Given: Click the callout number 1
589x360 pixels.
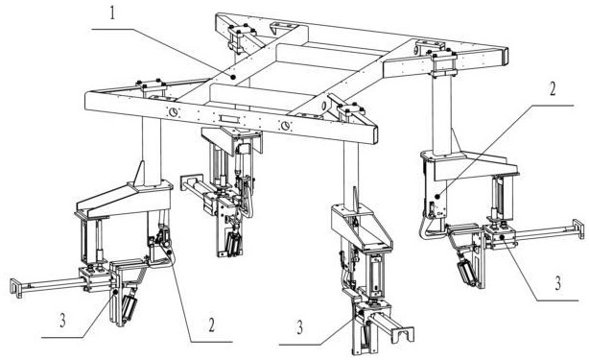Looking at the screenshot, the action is [113, 13].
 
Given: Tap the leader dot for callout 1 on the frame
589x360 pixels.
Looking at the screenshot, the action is [233, 77].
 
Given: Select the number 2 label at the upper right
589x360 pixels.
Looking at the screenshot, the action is [553, 88].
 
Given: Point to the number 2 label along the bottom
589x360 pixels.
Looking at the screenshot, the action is [212, 325].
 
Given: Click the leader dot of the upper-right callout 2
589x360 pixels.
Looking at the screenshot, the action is [436, 196].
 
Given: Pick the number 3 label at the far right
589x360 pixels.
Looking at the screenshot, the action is [558, 283].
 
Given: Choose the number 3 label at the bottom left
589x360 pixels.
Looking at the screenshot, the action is [62, 321].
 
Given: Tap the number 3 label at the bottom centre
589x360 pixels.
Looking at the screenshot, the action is [299, 327].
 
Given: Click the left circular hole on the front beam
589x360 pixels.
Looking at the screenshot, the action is [174, 111].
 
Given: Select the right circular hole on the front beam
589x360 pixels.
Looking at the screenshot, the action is [286, 125].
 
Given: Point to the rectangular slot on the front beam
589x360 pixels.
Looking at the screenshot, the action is [229, 119].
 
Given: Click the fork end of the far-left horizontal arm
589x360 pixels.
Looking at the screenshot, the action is [15, 287].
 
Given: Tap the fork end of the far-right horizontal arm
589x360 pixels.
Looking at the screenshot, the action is [578, 228].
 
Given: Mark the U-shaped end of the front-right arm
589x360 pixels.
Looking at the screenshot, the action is [403, 334].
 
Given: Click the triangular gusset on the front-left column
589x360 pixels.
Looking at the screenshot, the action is [139, 173].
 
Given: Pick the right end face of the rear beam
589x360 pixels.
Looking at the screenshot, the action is [506, 56].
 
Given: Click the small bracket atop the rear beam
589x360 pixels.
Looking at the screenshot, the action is [282, 27].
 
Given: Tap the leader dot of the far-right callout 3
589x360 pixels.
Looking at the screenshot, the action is [502, 237].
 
